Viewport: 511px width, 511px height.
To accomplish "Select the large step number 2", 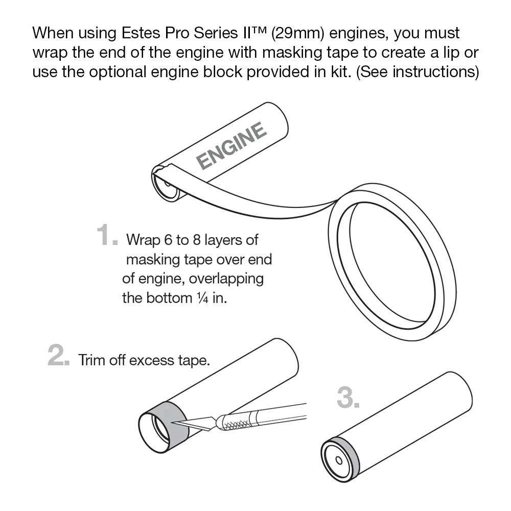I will pos(58,355).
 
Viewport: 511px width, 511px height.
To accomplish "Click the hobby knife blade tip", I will pos(172,422).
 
